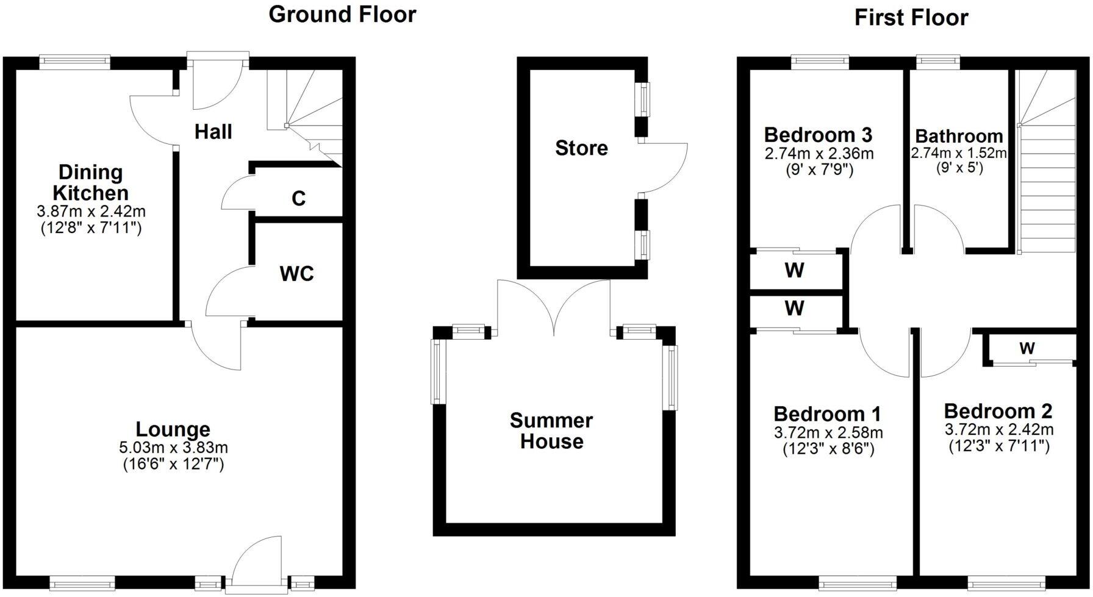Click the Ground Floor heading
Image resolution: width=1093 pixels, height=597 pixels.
point(342,15)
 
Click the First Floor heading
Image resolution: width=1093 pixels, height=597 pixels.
point(911,18)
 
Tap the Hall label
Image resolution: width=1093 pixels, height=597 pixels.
point(213,132)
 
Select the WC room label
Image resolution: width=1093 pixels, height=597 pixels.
point(296,274)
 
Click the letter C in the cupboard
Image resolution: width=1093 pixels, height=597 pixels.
point(298,199)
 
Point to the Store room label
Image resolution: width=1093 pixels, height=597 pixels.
point(581,148)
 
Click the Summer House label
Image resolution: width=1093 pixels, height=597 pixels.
point(551,431)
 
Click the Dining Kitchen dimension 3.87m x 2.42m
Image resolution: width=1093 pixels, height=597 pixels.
point(91,212)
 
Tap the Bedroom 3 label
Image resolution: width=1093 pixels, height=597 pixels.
point(818,134)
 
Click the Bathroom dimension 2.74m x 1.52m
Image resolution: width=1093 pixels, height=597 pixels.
point(958,153)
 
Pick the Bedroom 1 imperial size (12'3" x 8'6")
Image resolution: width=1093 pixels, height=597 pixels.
point(828,449)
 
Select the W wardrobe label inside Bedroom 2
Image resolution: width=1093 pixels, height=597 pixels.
point(1027,349)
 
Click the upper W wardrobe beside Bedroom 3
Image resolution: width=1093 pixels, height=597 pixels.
point(794,270)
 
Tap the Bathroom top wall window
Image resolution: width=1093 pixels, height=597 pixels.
point(938,60)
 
